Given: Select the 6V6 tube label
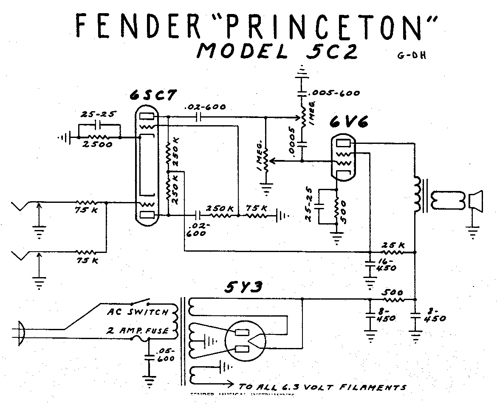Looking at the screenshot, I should click(348, 123).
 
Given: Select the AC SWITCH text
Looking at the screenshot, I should click(137, 312).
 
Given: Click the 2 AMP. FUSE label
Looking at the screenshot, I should click(137, 331).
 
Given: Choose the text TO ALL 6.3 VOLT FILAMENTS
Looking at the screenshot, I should click(323, 387).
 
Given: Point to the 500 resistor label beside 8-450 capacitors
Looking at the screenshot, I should click(392, 293).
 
